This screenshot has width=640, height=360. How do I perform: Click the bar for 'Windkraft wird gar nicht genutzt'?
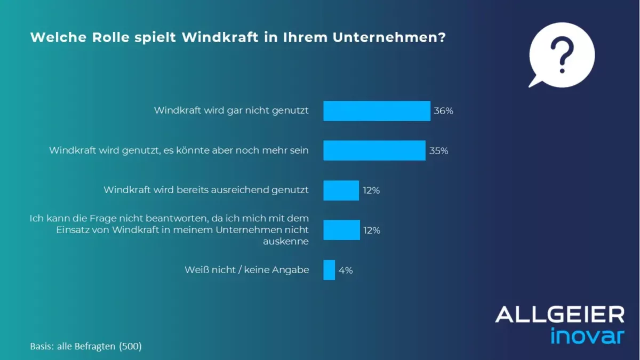[377, 111]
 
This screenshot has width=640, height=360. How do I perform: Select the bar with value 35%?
[374, 150]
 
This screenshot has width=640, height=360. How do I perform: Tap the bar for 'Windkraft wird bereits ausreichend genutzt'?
[341, 190]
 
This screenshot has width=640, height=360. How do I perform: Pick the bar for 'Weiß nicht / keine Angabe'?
[329, 270]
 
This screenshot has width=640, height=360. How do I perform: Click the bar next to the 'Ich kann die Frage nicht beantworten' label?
[341, 230]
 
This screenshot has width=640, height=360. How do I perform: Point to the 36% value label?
[443, 111]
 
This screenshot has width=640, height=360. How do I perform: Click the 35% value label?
[438, 151]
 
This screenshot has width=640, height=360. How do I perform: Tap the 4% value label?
[346, 270]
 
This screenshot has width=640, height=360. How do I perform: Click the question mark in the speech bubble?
[561, 54]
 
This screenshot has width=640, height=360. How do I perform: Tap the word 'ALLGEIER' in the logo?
[559, 314]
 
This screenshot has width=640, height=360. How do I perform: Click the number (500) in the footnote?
[130, 346]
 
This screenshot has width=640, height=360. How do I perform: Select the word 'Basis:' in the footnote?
[42, 346]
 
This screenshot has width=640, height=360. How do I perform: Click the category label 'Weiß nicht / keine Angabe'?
[246, 270]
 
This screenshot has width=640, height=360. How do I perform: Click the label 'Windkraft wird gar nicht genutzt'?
[231, 110]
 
